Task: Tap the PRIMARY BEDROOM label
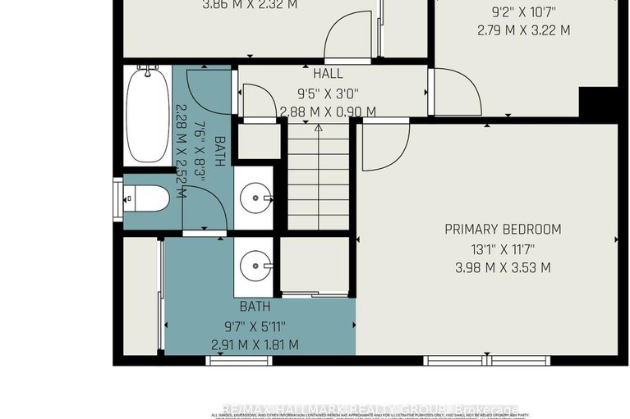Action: coord(491,229)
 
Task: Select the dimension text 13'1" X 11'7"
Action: coord(491,248)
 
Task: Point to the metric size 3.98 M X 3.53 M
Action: coord(491,267)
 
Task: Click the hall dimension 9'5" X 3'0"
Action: coord(328,93)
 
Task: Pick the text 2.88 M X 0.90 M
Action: coord(328,112)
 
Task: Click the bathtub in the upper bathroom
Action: coord(148,116)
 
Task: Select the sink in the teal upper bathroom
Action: coord(254,198)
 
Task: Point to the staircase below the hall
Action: coord(319,175)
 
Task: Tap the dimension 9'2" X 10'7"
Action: coord(524,12)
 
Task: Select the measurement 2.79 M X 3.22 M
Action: coord(524,31)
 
